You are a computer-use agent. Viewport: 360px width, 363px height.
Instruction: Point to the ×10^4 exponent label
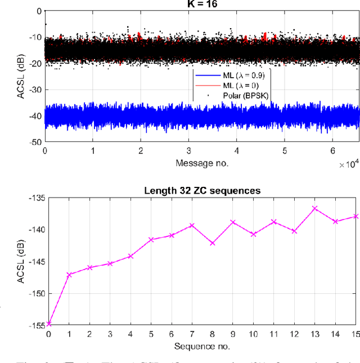click(348, 164)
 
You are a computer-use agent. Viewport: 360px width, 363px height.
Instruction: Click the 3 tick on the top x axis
click(188, 151)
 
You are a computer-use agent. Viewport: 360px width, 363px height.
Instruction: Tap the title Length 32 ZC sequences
click(201, 191)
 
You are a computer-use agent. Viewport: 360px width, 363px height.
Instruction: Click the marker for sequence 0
click(48, 324)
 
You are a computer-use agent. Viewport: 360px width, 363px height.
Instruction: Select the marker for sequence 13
click(314, 208)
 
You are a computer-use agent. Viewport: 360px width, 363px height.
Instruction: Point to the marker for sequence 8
click(212, 243)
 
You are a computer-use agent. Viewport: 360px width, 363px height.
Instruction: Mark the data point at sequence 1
click(69, 275)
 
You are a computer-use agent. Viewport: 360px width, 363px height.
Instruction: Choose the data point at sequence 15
click(355, 216)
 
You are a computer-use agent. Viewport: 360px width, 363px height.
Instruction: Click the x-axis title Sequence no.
click(201, 345)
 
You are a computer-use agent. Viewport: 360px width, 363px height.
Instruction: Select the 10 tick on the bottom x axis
click(253, 334)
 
